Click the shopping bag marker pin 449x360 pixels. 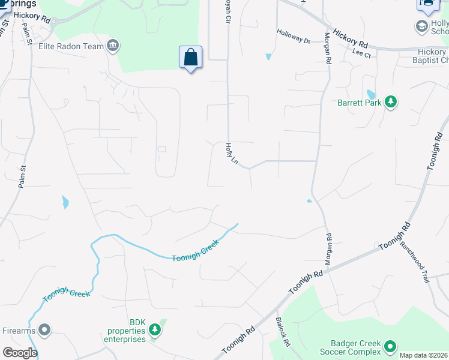click(190, 58)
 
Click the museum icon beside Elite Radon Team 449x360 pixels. click(112, 46)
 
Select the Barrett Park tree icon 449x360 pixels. click(391, 102)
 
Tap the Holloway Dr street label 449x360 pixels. click(293, 41)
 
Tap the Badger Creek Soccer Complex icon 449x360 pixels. click(390, 346)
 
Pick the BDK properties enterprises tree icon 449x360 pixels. click(155, 329)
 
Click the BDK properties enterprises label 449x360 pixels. click(127, 331)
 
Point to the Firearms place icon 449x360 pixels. click(44, 329)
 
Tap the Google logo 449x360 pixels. click(20, 353)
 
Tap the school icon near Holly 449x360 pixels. click(421, 26)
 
